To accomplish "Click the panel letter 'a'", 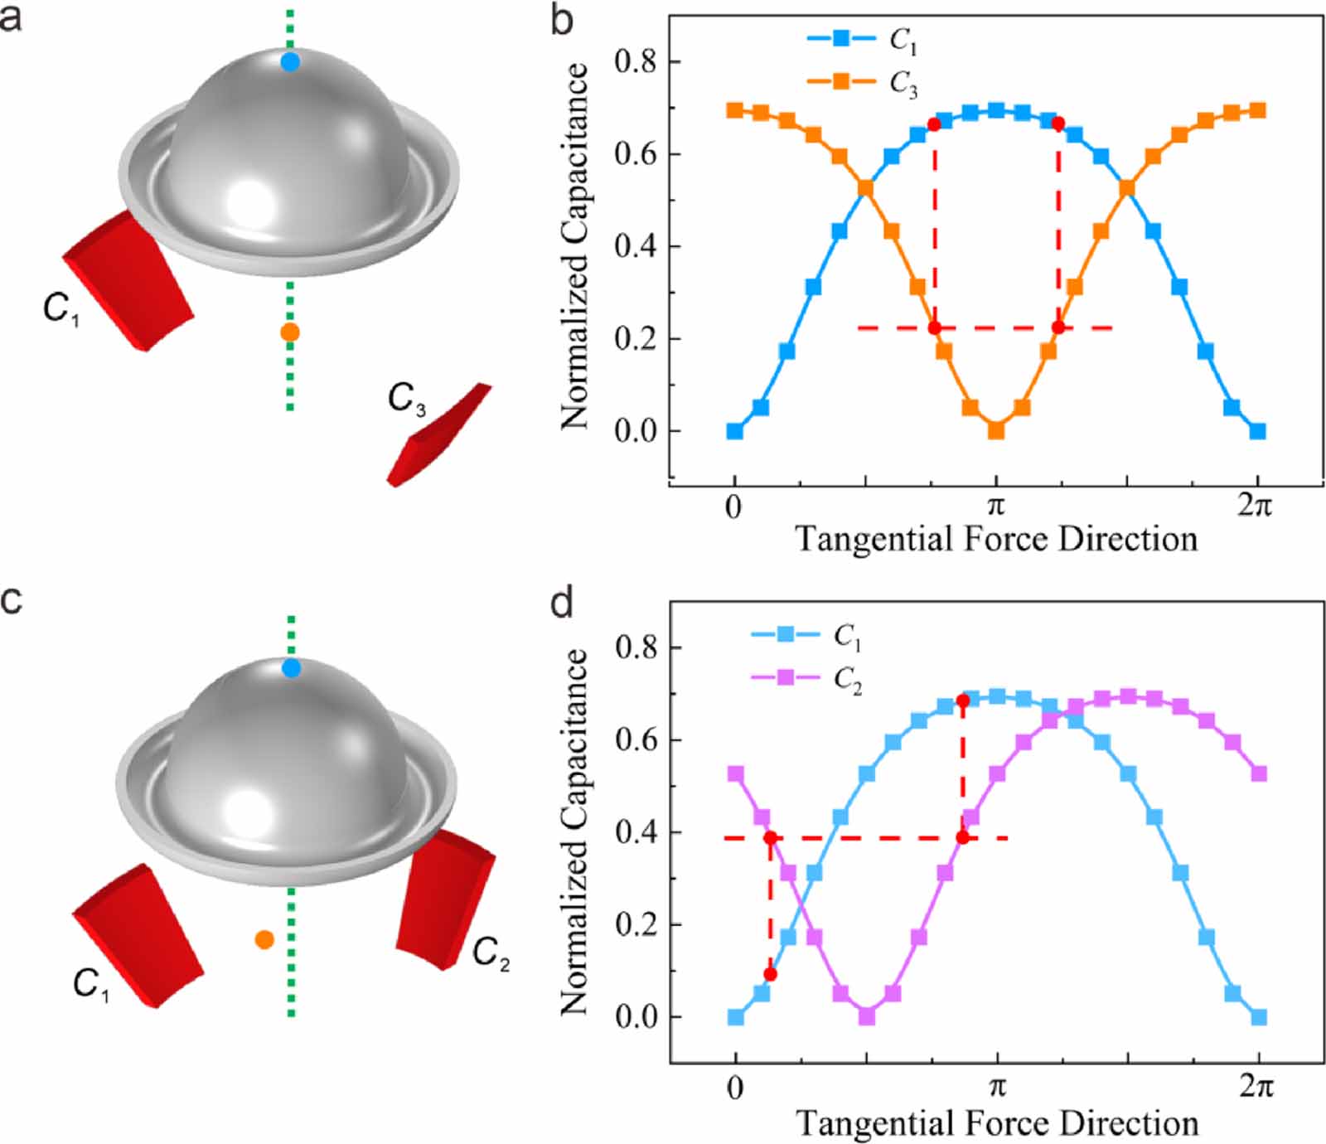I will click(x=11, y=17).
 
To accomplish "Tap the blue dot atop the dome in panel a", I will click(x=290, y=61).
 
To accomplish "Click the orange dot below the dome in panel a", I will click(x=289, y=332).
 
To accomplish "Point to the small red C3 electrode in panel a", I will click(x=439, y=435).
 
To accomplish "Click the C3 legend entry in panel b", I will click(x=862, y=82).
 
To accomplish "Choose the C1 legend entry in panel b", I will click(x=862, y=38).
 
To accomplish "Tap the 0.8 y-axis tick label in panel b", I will click(x=636, y=62).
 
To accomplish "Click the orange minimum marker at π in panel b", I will click(x=996, y=431).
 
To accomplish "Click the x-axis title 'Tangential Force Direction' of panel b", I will click(x=996, y=539).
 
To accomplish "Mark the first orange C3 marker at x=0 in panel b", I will click(x=734, y=110).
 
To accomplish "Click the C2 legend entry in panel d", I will click(x=806, y=678).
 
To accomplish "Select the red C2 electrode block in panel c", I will click(x=445, y=899).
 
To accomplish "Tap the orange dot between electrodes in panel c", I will click(x=264, y=939).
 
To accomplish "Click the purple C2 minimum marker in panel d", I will click(x=867, y=1016).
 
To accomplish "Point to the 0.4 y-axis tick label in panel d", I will click(x=636, y=832).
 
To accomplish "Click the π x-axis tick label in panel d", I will click(x=997, y=1087).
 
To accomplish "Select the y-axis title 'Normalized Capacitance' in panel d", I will click(x=574, y=831).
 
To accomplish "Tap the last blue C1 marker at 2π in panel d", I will click(x=1259, y=1017).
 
